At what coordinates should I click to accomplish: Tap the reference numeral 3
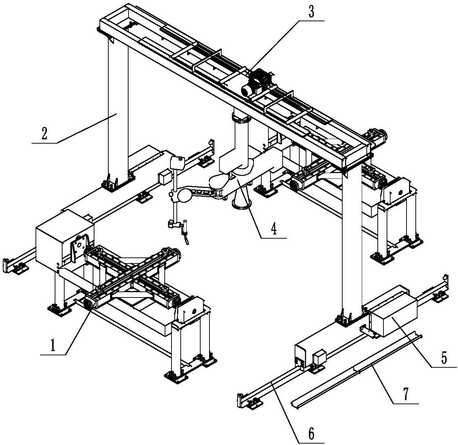coord(311,13)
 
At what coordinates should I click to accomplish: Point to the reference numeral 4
coord(273,230)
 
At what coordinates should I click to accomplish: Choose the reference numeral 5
coord(444,358)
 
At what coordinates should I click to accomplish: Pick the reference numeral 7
coord(406,394)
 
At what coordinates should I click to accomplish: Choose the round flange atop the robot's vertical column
coord(241,117)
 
